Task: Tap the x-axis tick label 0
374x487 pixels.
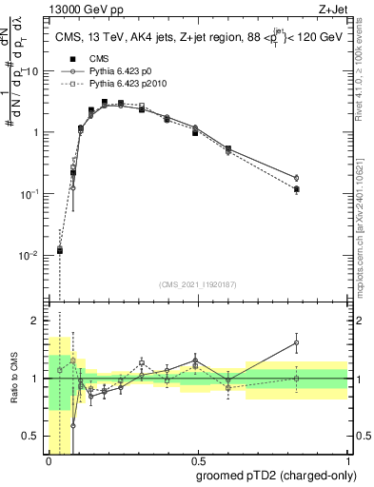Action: coord(48,462)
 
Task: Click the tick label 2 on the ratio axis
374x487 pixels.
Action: coord(36,321)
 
